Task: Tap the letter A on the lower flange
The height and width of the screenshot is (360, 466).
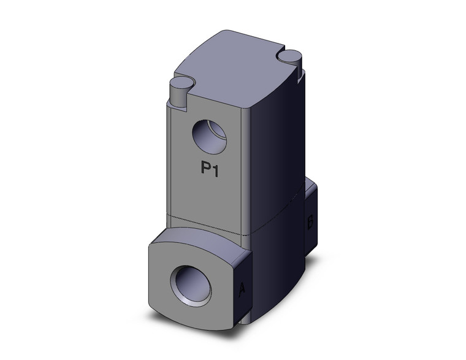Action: (242, 288)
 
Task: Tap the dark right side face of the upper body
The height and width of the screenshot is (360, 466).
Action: (276, 153)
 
